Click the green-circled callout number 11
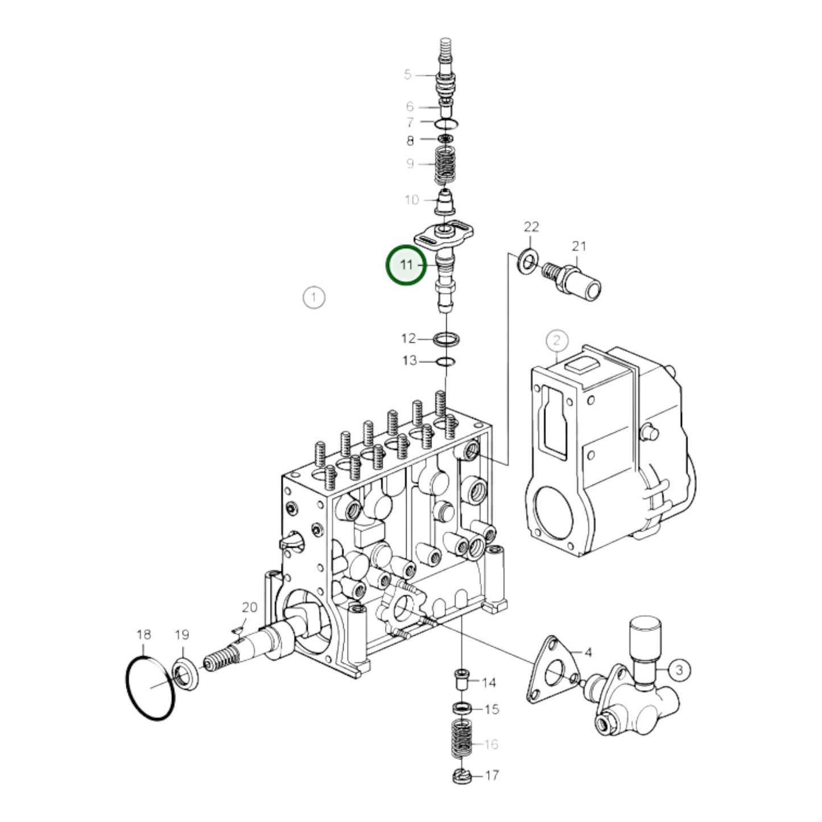406,265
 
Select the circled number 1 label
313,297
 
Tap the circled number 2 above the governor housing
556,340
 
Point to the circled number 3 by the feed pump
679,670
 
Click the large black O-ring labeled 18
150,689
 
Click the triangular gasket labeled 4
551,674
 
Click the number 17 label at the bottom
491,775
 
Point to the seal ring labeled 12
447,340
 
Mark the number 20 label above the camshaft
250,608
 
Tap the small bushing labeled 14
461,679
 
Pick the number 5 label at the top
407,75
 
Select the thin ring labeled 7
446,123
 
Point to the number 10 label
411,200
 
